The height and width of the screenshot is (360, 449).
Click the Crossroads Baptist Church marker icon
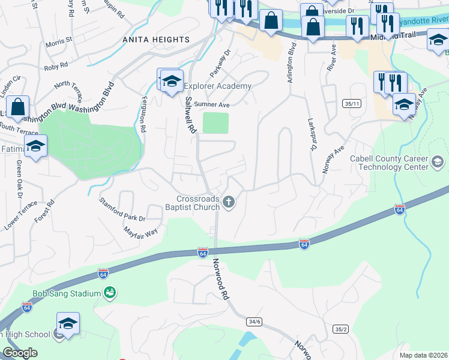(228, 202)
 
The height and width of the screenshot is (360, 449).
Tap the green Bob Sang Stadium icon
(110, 293)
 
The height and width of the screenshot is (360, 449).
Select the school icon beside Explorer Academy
(172, 82)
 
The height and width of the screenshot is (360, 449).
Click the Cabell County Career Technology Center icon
(438, 161)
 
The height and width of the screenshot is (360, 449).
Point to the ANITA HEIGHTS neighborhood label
(156, 40)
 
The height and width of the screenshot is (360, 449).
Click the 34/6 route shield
(254, 322)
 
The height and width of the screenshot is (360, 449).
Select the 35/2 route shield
(341, 329)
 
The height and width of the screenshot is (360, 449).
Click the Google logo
(20, 353)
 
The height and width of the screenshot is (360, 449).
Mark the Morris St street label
(59, 41)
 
